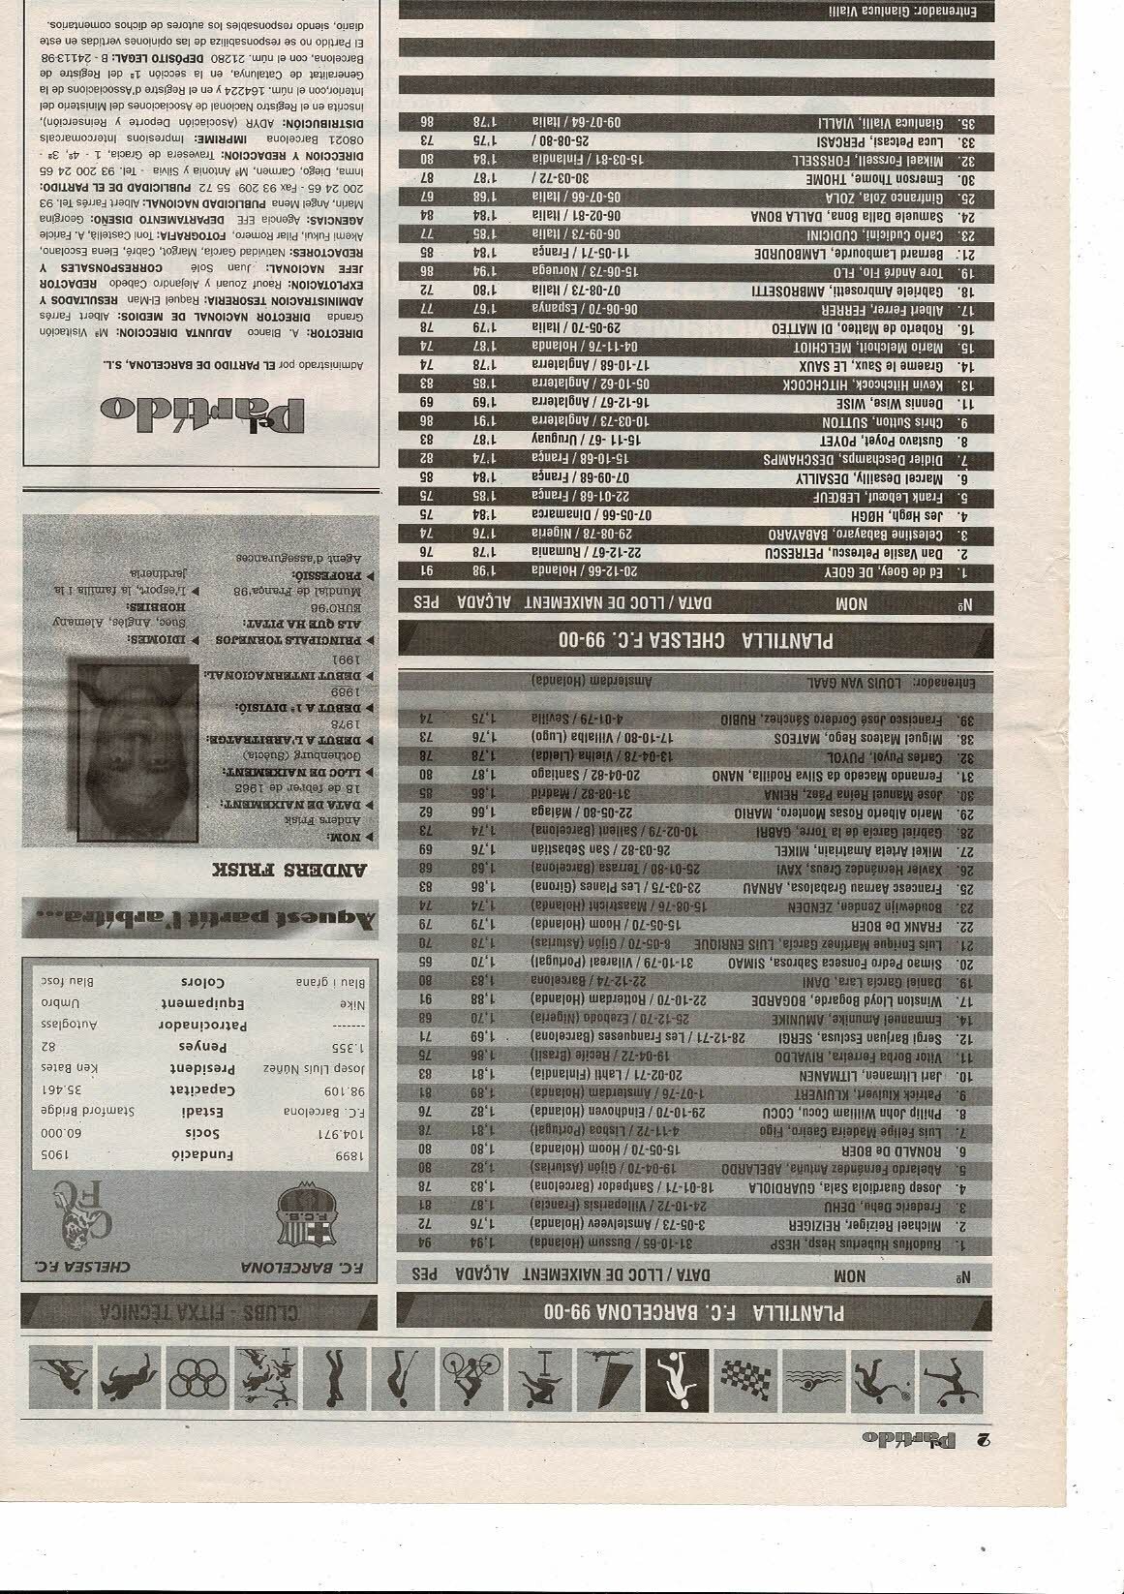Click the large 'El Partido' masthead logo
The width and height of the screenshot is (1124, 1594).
pos(203,409)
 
